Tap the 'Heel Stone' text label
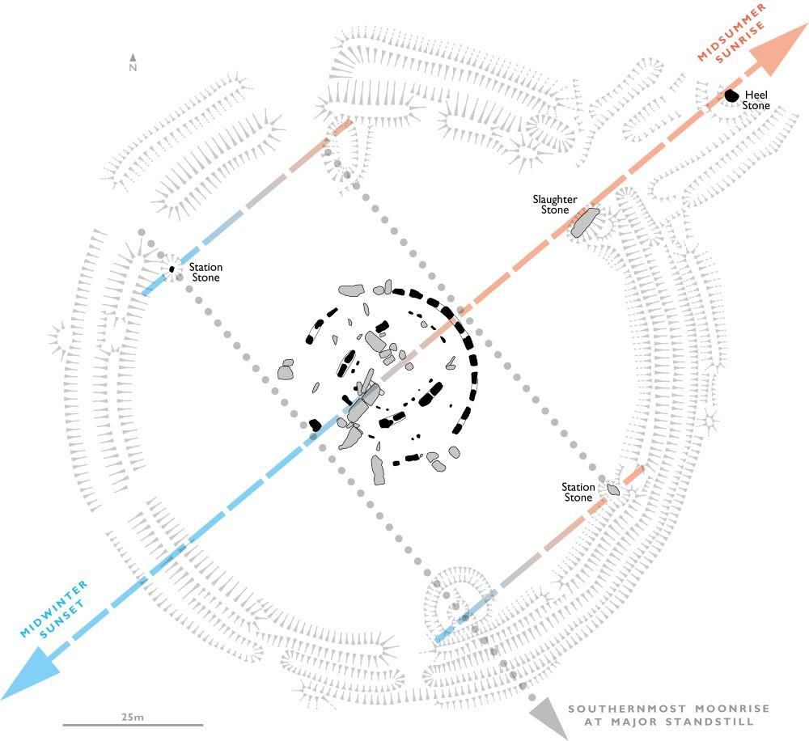coord(756,100)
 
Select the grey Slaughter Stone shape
coord(585,222)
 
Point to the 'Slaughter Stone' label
coord(555,205)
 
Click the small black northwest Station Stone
coord(172,269)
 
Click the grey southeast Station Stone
coord(613,489)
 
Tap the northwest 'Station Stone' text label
coord(205,273)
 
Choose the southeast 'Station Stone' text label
coord(578,493)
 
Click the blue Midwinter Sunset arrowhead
coord(31,672)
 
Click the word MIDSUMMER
coord(731,32)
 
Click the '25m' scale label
coord(133,717)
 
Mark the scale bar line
coord(133,725)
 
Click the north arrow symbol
coord(133,57)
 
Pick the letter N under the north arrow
coord(133,68)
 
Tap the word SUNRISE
coord(740,44)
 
